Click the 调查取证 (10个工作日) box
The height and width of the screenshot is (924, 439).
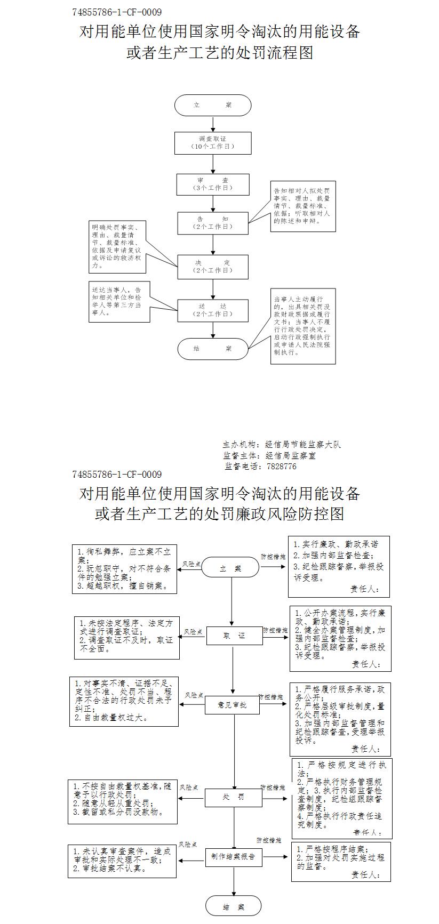(x=213, y=143)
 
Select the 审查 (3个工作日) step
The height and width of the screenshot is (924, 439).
(x=213, y=184)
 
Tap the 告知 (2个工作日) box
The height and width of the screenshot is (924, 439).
(x=213, y=223)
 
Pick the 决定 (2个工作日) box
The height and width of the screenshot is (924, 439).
(x=213, y=267)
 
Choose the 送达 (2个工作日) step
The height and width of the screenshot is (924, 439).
(x=213, y=310)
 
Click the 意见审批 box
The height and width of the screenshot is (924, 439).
(x=232, y=705)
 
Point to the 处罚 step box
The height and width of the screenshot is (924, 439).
(x=234, y=798)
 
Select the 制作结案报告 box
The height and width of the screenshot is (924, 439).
(x=233, y=857)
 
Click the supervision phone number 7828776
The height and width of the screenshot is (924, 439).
(x=281, y=467)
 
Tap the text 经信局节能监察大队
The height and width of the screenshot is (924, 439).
(x=303, y=445)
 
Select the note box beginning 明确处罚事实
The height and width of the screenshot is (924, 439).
(x=118, y=246)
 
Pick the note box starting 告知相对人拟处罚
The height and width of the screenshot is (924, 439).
(x=303, y=206)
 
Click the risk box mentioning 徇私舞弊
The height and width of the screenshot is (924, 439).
(x=125, y=569)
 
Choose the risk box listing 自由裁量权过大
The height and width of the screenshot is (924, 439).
(x=124, y=701)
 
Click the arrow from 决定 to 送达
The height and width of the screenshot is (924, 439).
(x=213, y=289)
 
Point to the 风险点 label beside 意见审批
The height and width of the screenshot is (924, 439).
(x=194, y=695)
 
